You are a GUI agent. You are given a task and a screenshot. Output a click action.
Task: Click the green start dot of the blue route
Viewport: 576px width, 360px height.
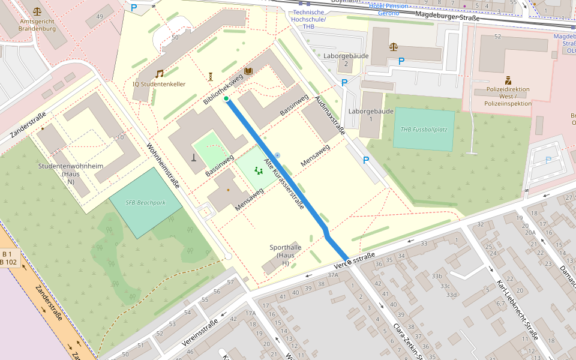pyautogui.click(x=226, y=98)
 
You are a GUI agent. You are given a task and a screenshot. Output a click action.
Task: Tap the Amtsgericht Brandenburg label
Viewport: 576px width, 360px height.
pyautogui.click(x=37, y=25)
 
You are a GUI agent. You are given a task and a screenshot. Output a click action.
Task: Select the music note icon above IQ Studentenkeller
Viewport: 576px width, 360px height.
pyautogui.click(x=160, y=74)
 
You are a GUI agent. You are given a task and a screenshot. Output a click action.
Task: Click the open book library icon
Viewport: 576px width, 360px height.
pyautogui.click(x=248, y=71)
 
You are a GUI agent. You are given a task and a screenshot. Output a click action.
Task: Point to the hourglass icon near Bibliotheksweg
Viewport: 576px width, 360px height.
pyautogui.click(x=211, y=76)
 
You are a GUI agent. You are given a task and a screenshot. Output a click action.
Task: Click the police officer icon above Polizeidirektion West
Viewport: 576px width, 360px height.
pyautogui.click(x=508, y=80)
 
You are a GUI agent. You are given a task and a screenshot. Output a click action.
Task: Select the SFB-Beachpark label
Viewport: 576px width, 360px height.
pyautogui.click(x=145, y=202)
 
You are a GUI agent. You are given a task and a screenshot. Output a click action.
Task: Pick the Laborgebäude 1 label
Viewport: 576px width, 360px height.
pyautogui.click(x=371, y=115)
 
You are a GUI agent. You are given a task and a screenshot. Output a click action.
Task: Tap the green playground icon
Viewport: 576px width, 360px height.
pyautogui.click(x=259, y=171)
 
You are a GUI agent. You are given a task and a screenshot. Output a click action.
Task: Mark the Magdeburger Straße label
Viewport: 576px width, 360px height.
pyautogui.click(x=447, y=17)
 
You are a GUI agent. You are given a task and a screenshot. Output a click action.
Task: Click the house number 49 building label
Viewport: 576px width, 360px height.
pyautogui.click(x=100, y=16)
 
